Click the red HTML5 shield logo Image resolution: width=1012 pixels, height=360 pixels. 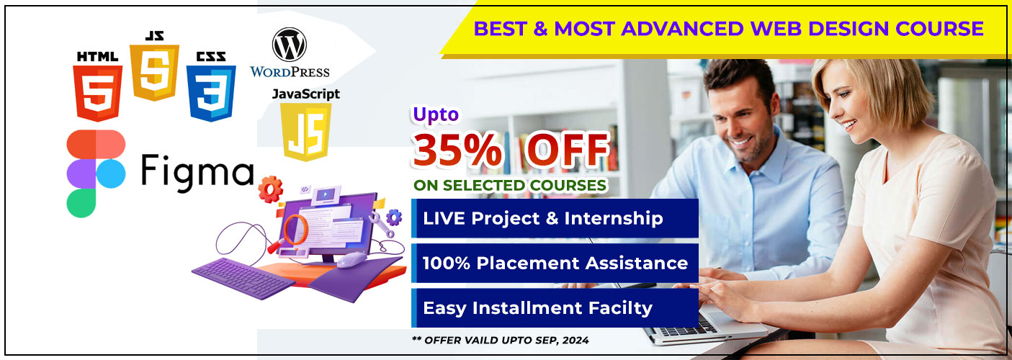[97, 94]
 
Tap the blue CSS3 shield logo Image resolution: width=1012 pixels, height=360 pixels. [211, 94]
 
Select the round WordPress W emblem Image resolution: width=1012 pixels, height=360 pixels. [289, 45]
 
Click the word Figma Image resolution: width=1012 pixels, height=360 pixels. [197, 171]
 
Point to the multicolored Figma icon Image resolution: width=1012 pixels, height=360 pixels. [96, 174]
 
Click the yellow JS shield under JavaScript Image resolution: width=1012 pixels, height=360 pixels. [306, 132]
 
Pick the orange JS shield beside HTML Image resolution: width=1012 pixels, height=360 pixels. [155, 72]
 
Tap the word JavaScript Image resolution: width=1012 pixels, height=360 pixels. [306, 94]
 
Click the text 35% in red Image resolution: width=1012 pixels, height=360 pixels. [457, 150]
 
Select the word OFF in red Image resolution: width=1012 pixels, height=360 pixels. [568, 150]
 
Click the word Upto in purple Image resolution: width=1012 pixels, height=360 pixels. [436, 114]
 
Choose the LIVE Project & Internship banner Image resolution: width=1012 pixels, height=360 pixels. [555, 218]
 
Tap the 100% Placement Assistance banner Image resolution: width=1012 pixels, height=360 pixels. [555, 263]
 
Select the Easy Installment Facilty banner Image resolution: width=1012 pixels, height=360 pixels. [555, 308]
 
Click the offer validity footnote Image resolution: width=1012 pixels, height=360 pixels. [501, 340]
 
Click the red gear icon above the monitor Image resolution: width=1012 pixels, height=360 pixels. [271, 189]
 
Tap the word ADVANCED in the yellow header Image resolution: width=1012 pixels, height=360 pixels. [682, 29]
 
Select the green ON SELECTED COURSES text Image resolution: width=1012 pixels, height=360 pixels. [510, 185]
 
